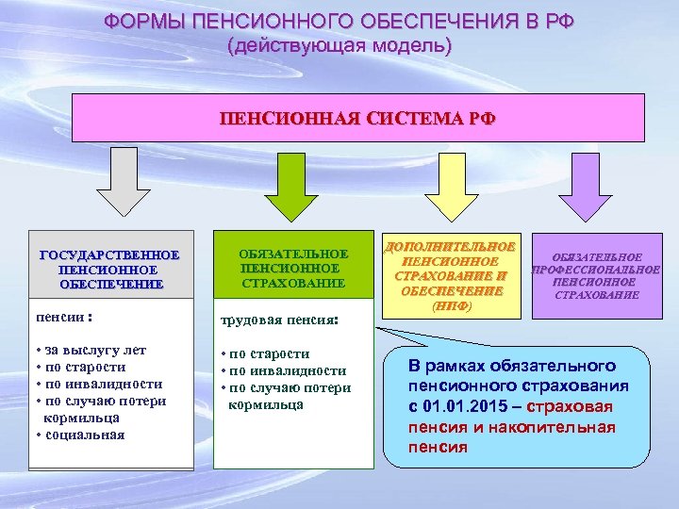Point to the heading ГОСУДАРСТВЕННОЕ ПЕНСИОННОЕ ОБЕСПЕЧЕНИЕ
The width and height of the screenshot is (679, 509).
tap(110, 270)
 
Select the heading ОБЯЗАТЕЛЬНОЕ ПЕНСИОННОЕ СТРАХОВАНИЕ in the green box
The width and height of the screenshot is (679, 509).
tap(292, 269)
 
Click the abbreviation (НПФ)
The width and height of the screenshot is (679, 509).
tap(449, 306)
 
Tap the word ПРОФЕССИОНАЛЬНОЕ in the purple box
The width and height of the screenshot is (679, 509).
tap(596, 269)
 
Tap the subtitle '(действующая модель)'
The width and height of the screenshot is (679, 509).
tap(339, 45)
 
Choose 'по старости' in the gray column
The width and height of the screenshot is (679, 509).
tap(85, 367)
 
